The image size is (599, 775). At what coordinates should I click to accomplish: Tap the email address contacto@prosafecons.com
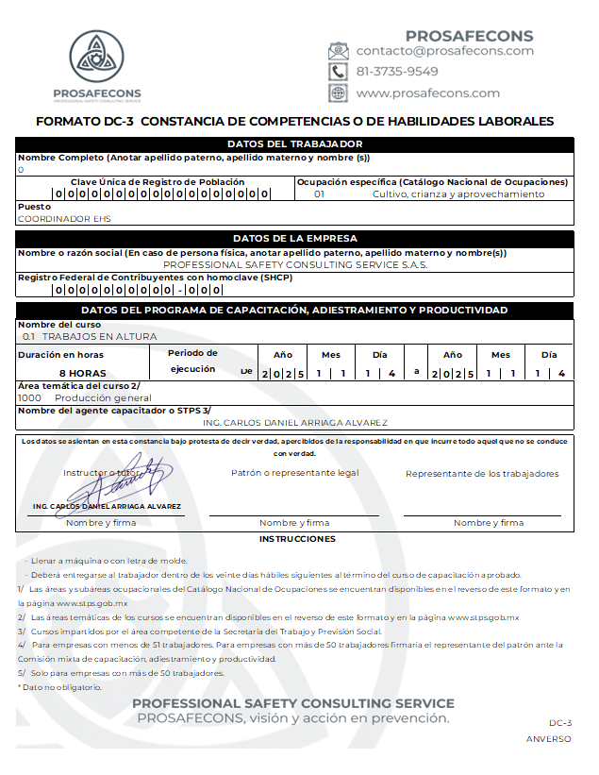pyautogui.click(x=444, y=51)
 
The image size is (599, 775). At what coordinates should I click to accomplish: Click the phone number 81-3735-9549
pyautogui.click(x=396, y=72)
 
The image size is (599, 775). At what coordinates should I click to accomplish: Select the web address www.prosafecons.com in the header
pyautogui.click(x=427, y=93)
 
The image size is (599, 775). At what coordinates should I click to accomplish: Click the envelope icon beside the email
pyautogui.click(x=338, y=51)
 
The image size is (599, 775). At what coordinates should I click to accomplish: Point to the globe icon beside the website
pyautogui.click(x=338, y=93)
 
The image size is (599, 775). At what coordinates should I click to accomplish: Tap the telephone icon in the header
pyautogui.click(x=338, y=72)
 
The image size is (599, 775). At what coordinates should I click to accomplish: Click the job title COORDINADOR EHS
pyautogui.click(x=64, y=219)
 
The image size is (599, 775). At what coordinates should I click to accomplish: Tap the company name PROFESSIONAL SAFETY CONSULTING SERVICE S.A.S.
pyautogui.click(x=295, y=265)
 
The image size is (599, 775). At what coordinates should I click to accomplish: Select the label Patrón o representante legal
pyautogui.click(x=294, y=473)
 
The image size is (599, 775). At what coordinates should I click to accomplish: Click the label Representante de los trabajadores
pyautogui.click(x=482, y=474)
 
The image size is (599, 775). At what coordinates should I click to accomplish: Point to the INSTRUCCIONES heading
pyautogui.click(x=297, y=539)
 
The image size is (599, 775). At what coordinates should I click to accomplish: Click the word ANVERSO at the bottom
pyautogui.click(x=548, y=739)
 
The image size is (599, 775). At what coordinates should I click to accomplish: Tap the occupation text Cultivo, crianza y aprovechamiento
pyautogui.click(x=458, y=194)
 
